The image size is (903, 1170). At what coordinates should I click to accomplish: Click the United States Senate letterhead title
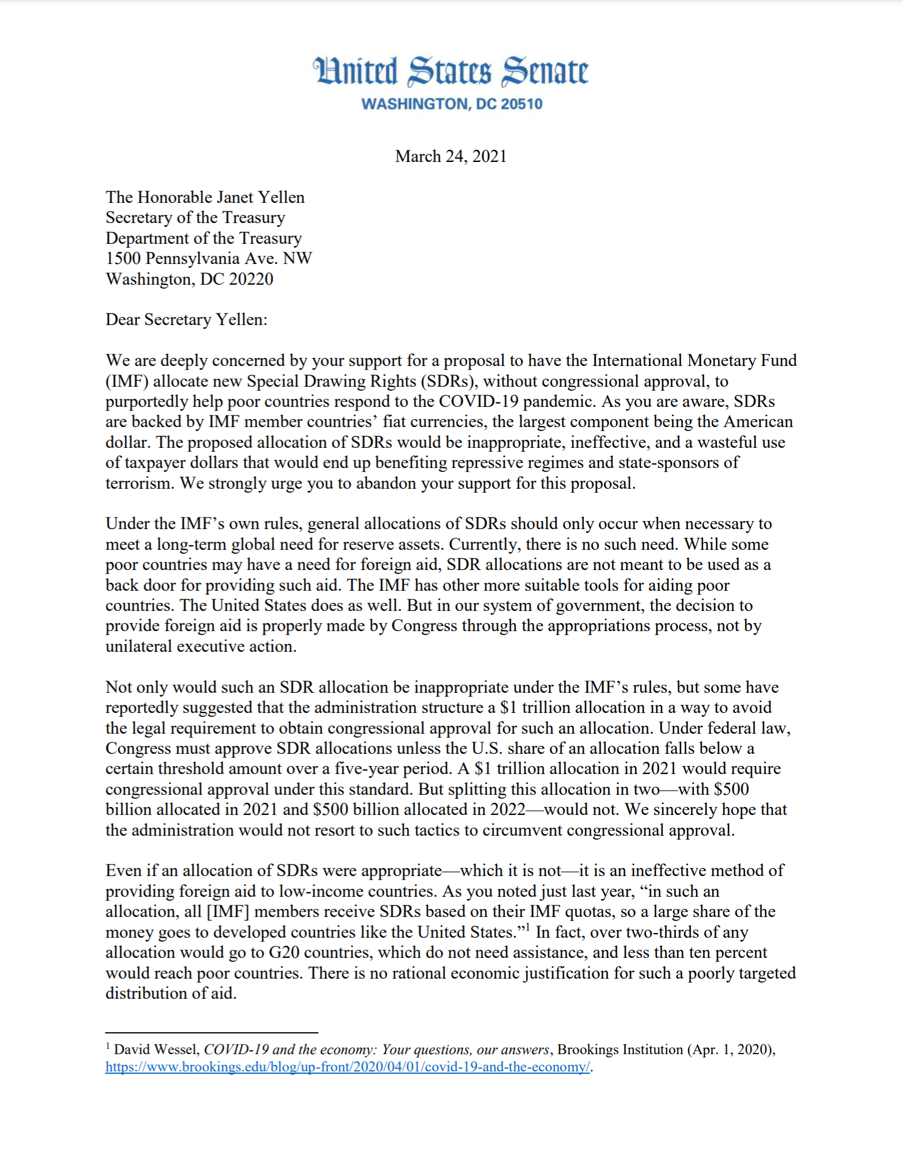(x=451, y=71)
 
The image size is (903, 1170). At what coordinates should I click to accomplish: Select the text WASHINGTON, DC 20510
(x=451, y=104)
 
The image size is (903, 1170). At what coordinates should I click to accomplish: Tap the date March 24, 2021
(x=451, y=157)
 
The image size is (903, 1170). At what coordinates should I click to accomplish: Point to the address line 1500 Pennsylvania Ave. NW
(x=209, y=258)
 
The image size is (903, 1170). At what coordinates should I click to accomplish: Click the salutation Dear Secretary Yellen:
(x=186, y=320)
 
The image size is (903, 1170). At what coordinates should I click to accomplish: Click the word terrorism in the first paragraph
(x=139, y=484)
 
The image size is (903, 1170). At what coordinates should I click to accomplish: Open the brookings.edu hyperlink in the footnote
(x=347, y=1067)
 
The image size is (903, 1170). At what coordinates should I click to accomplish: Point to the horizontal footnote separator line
(x=211, y=1032)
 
